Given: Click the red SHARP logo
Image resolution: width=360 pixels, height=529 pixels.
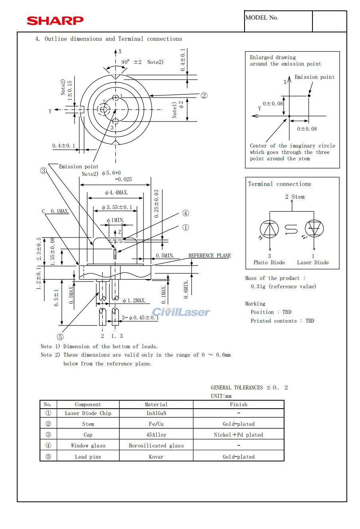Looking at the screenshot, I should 55,20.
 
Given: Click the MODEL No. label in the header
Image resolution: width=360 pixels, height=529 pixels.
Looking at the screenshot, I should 262,18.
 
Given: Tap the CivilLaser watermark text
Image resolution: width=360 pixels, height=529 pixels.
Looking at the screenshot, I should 181,312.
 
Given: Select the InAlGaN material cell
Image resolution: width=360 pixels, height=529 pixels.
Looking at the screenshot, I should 156,413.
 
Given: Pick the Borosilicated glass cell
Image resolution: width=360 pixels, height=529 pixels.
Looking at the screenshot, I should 156,445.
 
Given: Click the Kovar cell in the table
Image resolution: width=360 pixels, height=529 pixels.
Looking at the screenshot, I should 156,457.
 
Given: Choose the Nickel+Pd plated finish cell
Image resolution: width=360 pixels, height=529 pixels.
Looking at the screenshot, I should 239,435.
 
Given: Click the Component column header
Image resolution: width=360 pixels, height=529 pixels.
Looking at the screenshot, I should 88,404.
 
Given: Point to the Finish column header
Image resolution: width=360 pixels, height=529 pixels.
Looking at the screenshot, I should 239,404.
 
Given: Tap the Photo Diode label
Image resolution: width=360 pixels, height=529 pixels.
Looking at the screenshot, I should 269,263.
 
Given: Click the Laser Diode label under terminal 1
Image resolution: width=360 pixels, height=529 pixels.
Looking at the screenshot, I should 313,263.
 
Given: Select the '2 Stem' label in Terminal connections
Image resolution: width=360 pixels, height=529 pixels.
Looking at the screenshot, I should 295,197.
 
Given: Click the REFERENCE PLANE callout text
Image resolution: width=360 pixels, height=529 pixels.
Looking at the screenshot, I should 209,256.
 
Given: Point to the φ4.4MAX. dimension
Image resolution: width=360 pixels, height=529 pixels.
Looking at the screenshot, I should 116,193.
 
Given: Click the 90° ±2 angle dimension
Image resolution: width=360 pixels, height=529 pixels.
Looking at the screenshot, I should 132,62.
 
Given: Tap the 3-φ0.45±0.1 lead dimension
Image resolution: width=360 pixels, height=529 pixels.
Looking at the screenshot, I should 141,317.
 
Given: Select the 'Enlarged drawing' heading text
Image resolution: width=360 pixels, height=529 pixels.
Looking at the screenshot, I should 273,57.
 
